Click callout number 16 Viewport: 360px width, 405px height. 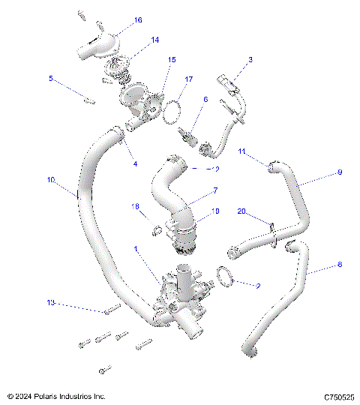[137, 20]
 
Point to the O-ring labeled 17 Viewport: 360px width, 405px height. [172, 111]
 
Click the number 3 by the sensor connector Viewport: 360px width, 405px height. [250, 59]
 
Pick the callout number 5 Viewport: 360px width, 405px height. [50, 78]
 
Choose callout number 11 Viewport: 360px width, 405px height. [242, 151]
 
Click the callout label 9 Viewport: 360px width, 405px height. [339, 172]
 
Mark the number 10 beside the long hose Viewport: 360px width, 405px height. [51, 181]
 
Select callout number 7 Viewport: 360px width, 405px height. [215, 191]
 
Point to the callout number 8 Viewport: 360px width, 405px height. [339, 265]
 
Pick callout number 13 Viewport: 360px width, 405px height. [51, 303]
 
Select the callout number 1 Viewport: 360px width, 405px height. [136, 249]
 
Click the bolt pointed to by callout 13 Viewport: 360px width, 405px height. [111, 310]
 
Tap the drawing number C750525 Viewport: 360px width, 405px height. [339, 396]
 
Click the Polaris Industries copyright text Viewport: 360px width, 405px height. [56, 396]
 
